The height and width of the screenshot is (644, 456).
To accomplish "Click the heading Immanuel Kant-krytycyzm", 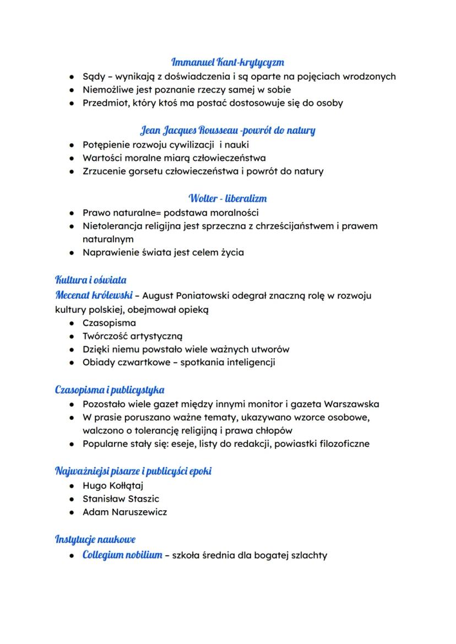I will coord(227,62).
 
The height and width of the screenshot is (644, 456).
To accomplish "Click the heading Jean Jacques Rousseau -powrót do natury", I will coord(227,131).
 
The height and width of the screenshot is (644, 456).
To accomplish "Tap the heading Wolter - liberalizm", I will coord(227,198).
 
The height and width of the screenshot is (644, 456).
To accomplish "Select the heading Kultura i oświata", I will coord(90,280).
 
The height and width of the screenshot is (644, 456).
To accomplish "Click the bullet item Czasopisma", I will coord(109,323).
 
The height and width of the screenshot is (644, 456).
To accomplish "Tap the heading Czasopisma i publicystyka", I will coord(110,390).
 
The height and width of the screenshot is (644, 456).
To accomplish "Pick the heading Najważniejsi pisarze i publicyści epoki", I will coord(133,471).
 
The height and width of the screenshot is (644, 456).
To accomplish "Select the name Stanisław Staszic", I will coord(121,499).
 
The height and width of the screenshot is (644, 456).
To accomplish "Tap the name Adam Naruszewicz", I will coord(124,512).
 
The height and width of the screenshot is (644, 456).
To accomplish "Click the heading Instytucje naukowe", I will coord(95,539).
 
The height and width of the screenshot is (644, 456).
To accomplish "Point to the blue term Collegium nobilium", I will coord(122,555).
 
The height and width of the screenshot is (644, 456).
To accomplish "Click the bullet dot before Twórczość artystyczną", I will coord(72,336).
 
